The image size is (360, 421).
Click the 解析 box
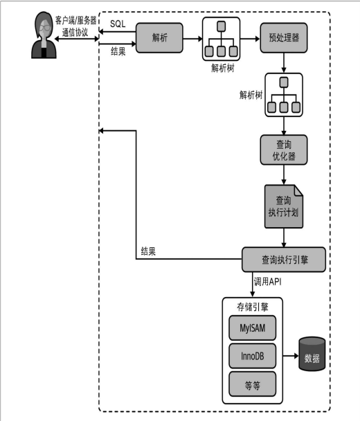point(159,37)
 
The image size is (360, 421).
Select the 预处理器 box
point(284,37)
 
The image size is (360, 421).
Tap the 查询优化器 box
point(284,150)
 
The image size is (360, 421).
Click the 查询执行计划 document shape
point(284,206)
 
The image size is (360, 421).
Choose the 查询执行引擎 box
point(284,260)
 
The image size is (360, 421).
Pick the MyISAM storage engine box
point(253,328)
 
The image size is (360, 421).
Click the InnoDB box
point(253,356)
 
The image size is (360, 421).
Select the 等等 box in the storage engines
point(253,384)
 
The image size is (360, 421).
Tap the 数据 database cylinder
point(312,354)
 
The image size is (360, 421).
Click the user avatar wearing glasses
point(44,35)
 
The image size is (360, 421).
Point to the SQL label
point(118,24)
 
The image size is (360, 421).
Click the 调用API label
point(268,282)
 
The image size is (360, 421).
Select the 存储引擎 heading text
point(253,307)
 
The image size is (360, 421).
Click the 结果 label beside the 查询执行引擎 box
point(148,251)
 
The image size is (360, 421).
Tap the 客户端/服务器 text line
point(75,20)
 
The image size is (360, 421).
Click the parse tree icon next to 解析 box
point(222,39)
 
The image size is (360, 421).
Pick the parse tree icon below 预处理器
point(284,95)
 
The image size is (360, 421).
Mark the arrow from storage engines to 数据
point(291,356)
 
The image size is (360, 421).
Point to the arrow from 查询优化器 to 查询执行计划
point(284,174)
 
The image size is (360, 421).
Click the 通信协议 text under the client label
point(75,33)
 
